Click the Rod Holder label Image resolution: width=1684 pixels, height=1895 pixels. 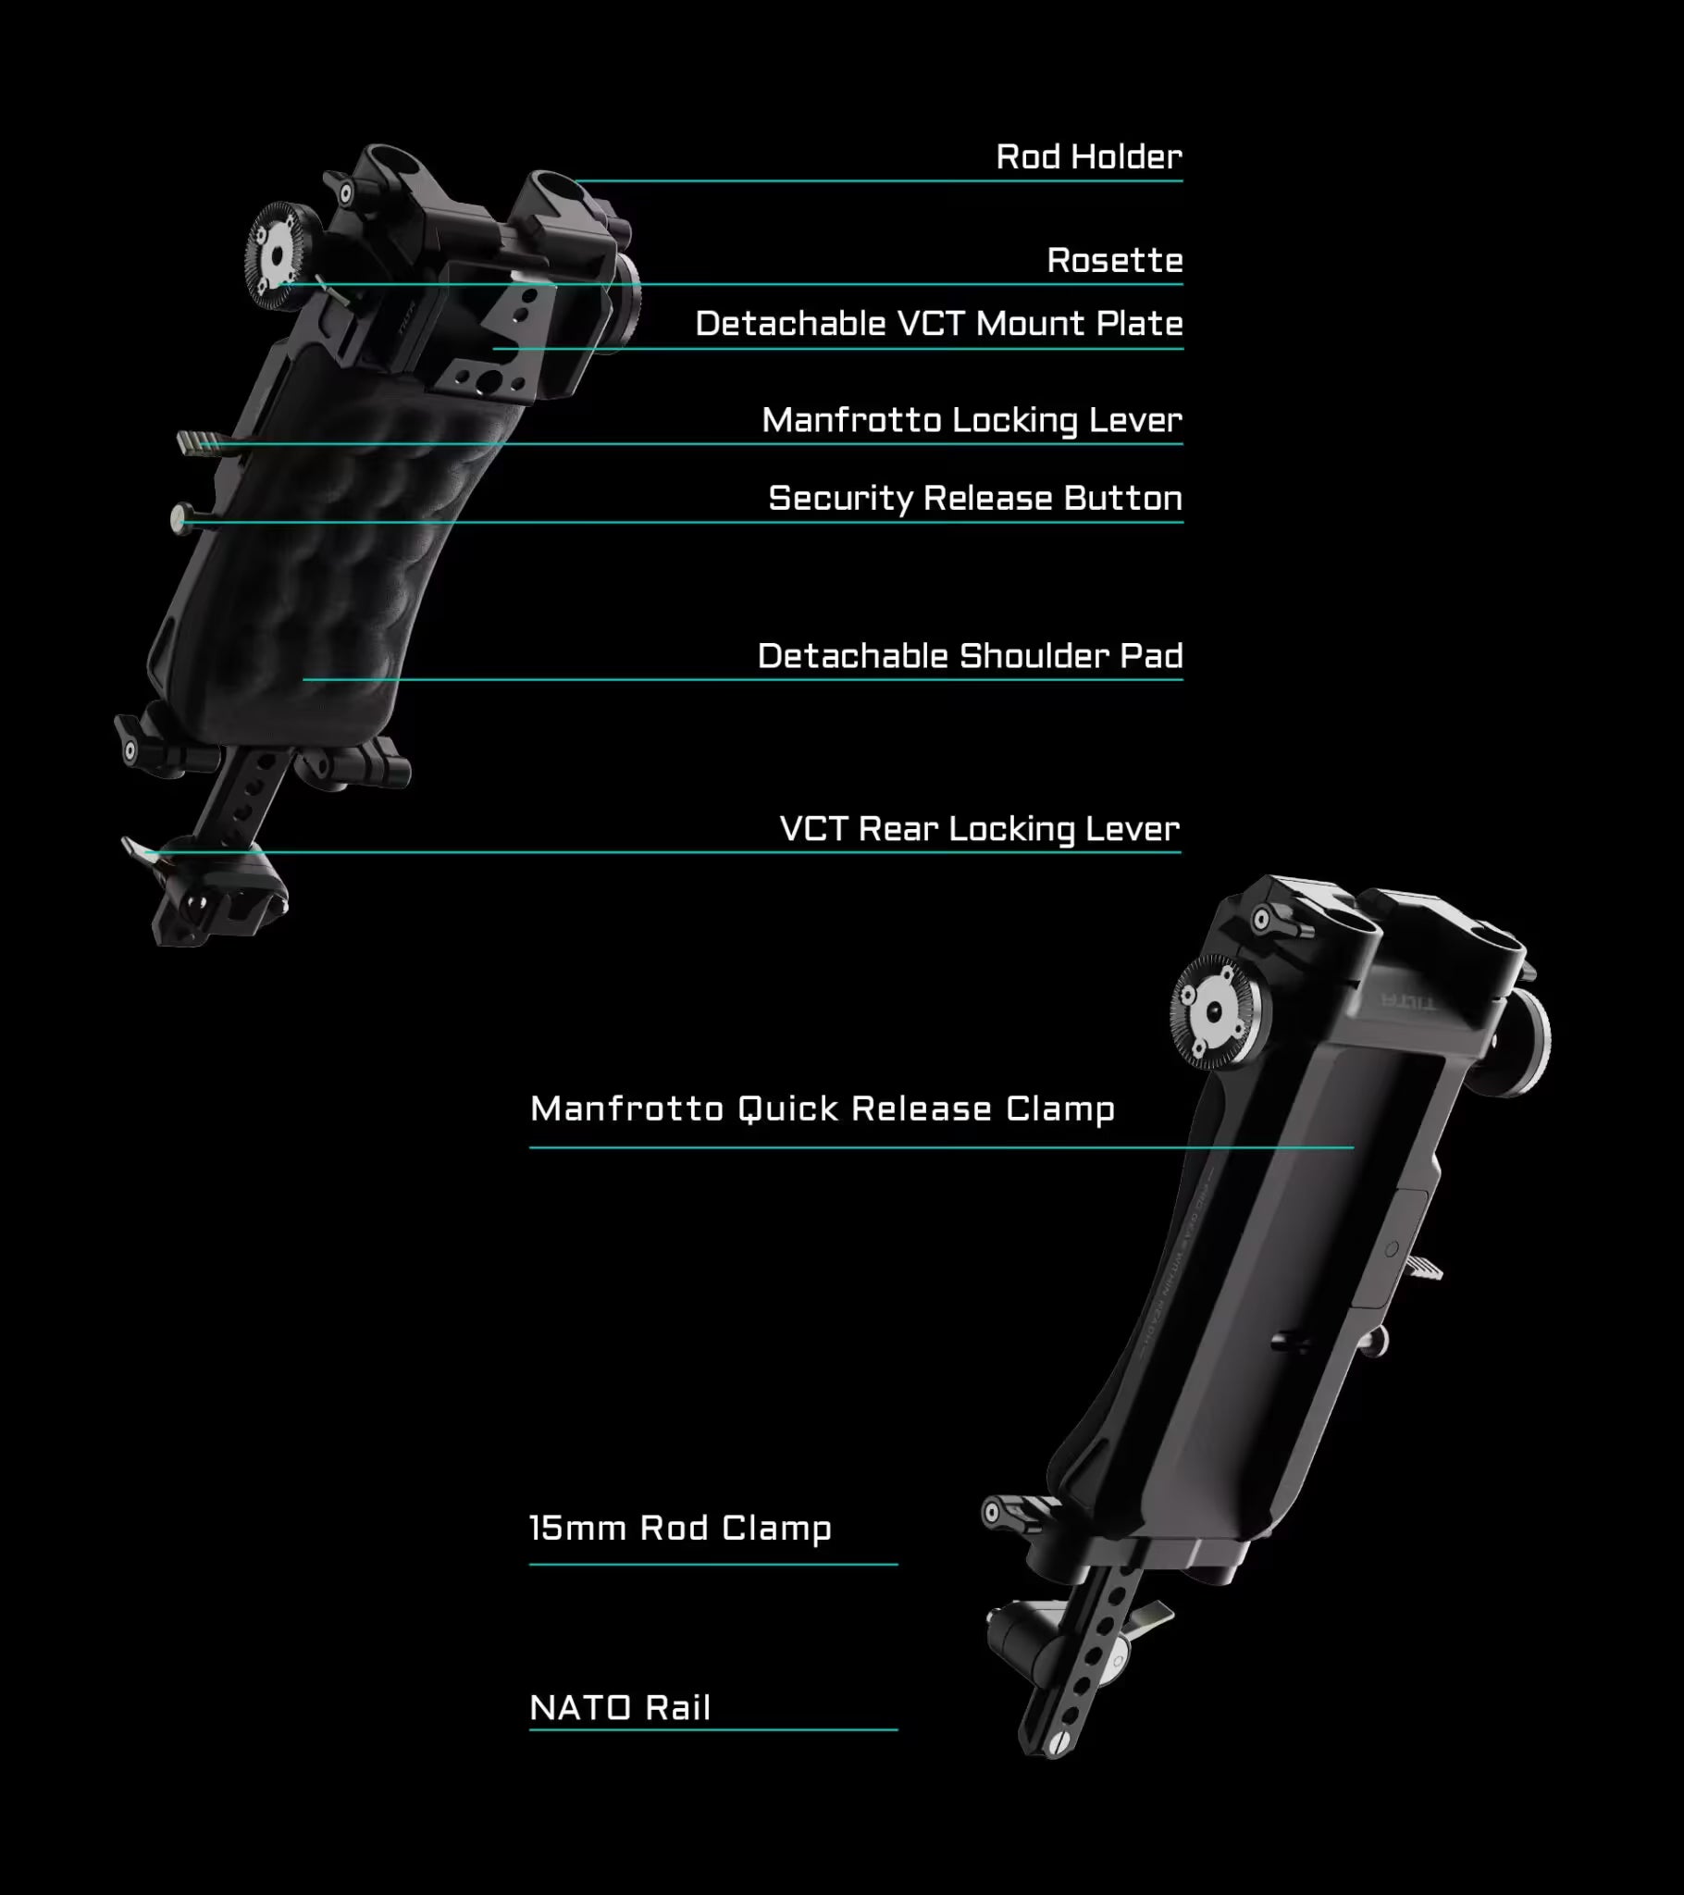(x=1089, y=156)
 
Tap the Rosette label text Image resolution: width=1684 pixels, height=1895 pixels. (x=1115, y=261)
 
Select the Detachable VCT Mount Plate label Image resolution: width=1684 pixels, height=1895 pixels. (x=939, y=324)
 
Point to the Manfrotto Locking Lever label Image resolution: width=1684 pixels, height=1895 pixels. (x=972, y=420)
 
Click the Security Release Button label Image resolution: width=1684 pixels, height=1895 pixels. (x=975, y=499)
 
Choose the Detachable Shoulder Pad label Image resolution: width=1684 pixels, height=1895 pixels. (x=970, y=656)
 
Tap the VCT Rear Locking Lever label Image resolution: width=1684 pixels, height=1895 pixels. (x=979, y=829)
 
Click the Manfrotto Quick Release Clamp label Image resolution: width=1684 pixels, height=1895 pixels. (x=823, y=1109)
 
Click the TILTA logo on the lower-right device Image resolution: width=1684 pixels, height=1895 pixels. (x=1405, y=1000)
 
